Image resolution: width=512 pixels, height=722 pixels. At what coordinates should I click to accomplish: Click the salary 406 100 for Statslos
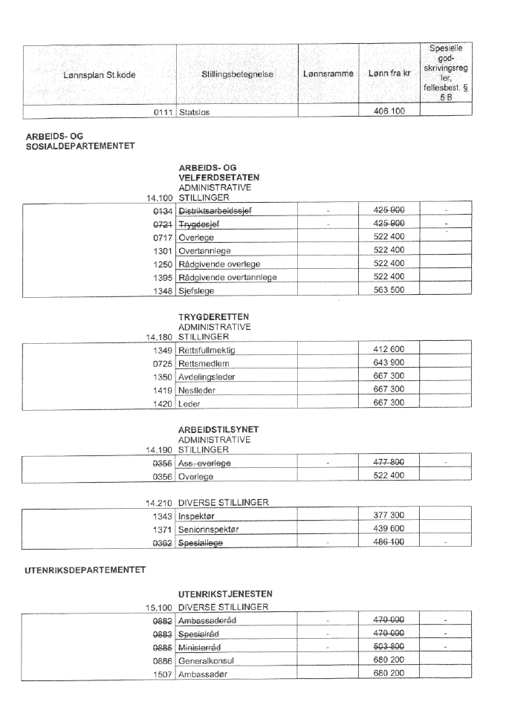point(389,111)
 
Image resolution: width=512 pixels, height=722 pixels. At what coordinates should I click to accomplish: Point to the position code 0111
point(163,112)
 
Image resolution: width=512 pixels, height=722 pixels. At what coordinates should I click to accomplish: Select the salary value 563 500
point(389,290)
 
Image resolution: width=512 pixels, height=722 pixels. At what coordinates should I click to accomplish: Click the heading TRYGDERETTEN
point(213,318)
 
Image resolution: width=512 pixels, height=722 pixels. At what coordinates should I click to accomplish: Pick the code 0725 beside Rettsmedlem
point(163,363)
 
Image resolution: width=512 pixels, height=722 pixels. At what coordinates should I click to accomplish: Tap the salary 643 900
point(389,362)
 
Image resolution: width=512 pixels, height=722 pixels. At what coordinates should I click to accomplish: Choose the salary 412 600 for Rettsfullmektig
point(389,349)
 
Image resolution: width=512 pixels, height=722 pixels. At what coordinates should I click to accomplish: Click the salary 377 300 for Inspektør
point(389,515)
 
